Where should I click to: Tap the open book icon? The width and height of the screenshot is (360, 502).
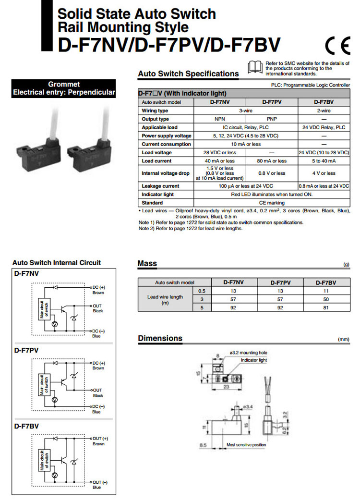[x=255, y=67]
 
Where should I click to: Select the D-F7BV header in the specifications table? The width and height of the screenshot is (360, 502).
[x=324, y=102]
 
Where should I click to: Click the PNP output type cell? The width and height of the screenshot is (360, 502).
[x=272, y=119]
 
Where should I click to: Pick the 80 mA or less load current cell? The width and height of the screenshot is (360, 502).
[x=272, y=161]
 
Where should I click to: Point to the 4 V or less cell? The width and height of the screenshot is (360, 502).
[x=324, y=173]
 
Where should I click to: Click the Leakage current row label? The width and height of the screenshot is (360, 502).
[x=160, y=186]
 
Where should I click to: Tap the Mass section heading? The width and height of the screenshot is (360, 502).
[x=147, y=263]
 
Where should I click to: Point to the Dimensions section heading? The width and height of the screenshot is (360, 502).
[x=160, y=338]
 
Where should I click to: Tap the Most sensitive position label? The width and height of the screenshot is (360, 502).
[x=246, y=445]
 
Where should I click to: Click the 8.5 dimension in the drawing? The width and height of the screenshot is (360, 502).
[x=204, y=445]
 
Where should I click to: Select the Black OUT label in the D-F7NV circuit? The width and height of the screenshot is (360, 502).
[x=97, y=311]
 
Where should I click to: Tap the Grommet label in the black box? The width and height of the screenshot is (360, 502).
[x=64, y=84]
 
